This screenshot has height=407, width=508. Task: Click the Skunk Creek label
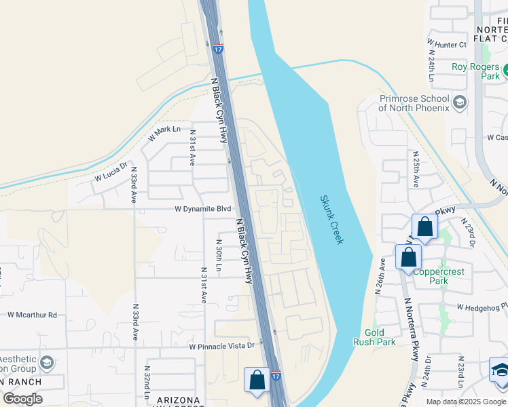(x=332, y=220)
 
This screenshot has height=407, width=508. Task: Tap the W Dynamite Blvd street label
(x=203, y=209)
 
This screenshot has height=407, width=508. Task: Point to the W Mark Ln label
(x=164, y=132)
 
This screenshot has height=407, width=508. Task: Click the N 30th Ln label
(x=219, y=255)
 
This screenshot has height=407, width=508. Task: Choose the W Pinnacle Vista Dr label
(x=221, y=346)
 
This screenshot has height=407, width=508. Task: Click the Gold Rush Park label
(x=374, y=337)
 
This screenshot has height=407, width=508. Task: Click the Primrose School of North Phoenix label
(x=414, y=103)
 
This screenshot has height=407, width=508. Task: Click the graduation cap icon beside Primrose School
(x=460, y=102)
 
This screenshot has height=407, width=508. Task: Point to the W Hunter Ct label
(x=446, y=45)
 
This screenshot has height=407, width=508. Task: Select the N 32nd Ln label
(x=146, y=383)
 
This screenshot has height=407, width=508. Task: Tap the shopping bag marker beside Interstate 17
(x=257, y=379)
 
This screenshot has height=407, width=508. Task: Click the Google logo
(x=22, y=398)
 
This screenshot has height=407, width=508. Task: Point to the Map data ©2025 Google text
(x=466, y=402)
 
